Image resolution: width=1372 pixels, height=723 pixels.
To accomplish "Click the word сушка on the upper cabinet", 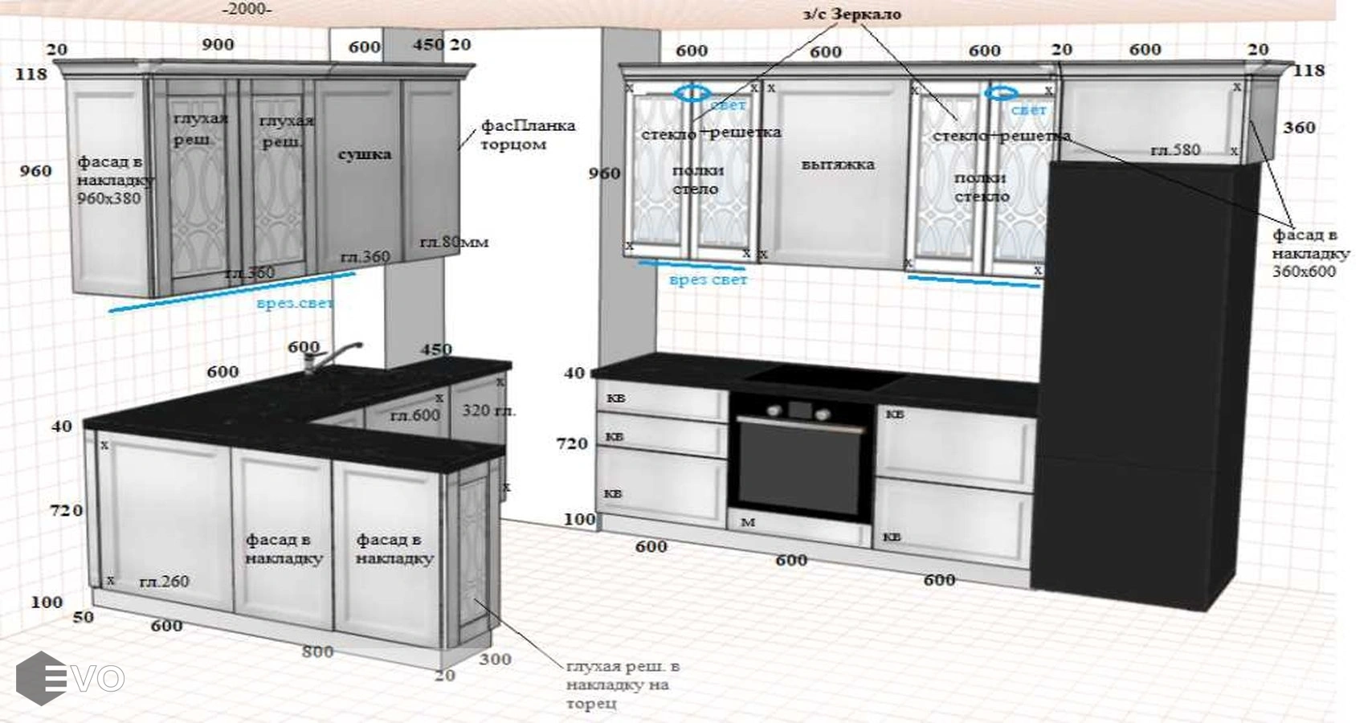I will coord(364,154).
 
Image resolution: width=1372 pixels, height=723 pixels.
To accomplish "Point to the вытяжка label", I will coord(837,165).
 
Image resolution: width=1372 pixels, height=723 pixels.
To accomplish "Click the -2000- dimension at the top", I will coord(247,9).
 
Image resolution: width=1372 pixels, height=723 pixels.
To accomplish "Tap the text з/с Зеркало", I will coord(851,14).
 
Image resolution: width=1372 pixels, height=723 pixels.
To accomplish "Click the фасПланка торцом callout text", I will coord(526,135).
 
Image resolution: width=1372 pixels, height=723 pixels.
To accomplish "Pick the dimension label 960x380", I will coord(108,198).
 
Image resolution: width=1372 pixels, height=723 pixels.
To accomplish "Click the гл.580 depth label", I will coord(1174,150).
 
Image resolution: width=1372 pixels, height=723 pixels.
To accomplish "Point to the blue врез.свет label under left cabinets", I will coord(295,304).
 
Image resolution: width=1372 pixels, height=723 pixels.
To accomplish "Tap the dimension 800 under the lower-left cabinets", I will coord(317,652).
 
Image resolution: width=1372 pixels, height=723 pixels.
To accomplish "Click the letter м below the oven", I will coord(748,522).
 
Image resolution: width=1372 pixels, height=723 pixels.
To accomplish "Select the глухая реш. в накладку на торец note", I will coord(622,684).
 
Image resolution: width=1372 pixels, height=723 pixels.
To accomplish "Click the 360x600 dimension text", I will coord(1303,272).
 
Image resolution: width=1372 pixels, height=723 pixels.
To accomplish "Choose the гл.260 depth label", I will coord(164,582).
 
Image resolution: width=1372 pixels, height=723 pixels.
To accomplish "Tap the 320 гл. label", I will coord(488,411).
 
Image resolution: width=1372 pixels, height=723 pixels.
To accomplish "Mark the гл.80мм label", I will coord(454,242).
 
